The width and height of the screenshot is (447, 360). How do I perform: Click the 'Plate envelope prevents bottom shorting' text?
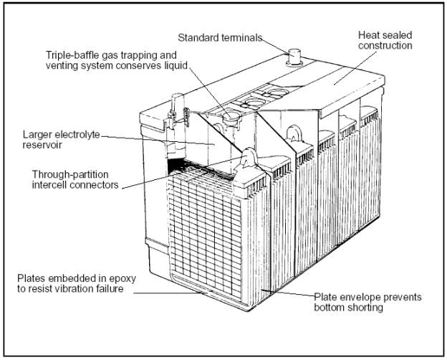[x=367, y=303]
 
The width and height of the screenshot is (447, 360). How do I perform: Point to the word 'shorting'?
[x=365, y=308]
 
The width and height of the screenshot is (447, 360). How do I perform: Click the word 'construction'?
[x=386, y=46]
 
